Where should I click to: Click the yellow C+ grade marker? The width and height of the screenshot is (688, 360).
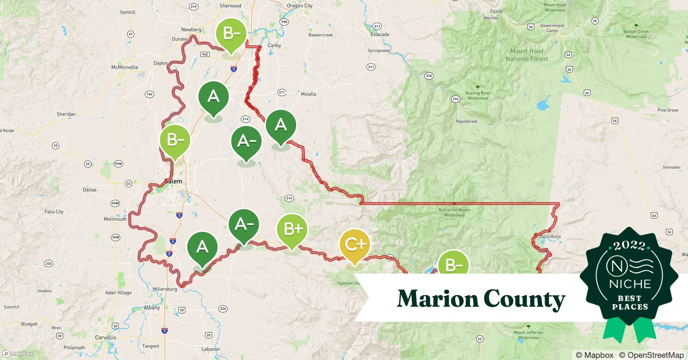(x=355, y=245)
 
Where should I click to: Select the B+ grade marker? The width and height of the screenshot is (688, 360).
(x=292, y=229)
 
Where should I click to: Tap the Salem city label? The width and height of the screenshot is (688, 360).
(x=174, y=181)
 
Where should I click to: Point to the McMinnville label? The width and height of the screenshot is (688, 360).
(x=125, y=67)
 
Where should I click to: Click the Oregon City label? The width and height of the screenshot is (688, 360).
(x=300, y=6)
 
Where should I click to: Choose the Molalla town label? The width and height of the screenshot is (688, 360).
(x=308, y=94)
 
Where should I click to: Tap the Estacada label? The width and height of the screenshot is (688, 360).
(x=380, y=35)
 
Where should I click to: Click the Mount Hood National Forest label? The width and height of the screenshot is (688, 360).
(x=527, y=55)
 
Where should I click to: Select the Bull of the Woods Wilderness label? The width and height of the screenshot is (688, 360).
(x=454, y=212)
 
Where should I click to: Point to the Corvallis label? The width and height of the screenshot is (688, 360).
(x=106, y=338)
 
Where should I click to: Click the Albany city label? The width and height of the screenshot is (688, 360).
(x=152, y=308)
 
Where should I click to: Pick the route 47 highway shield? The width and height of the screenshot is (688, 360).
(x=131, y=34)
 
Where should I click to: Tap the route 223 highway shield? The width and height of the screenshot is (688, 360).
(x=49, y=264)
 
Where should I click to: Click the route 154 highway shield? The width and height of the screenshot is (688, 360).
(x=149, y=94)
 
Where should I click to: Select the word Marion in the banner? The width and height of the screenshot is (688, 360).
(x=437, y=299)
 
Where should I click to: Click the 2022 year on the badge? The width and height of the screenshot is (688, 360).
(x=629, y=246)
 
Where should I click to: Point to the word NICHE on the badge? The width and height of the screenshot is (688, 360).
(x=630, y=284)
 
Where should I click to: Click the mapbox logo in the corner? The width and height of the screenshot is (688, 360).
(x=19, y=354)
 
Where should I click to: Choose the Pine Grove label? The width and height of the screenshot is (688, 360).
(x=668, y=110)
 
